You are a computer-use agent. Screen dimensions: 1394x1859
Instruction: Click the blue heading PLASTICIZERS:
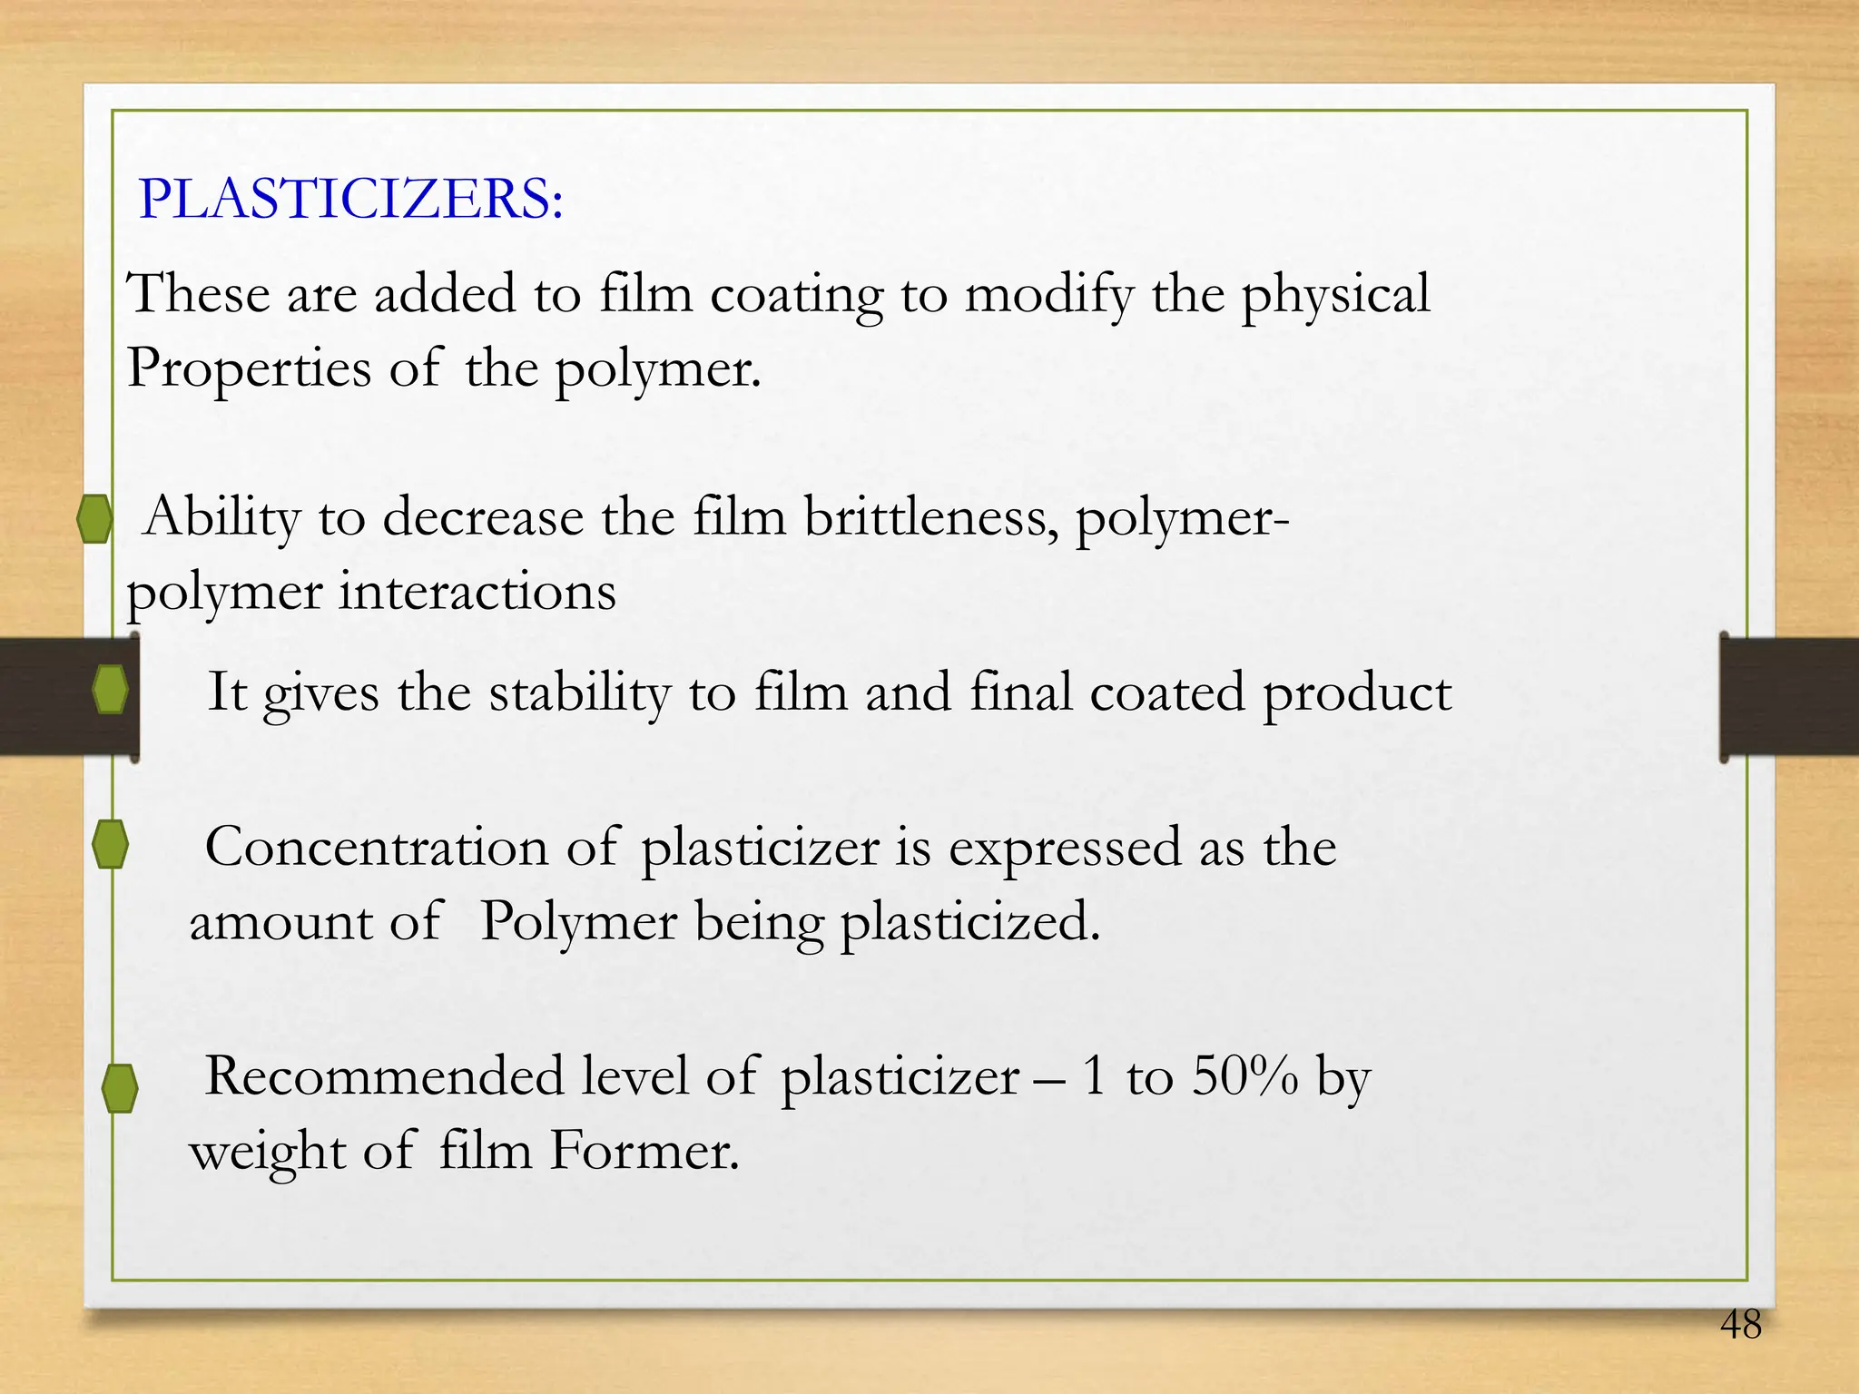[350, 199]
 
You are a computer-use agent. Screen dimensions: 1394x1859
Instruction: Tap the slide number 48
[1740, 1325]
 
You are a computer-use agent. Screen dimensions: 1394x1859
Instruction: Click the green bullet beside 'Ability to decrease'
[94, 519]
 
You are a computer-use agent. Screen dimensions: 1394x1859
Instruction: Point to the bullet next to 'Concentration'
[110, 844]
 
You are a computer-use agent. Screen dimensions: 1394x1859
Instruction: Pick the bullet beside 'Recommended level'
[120, 1087]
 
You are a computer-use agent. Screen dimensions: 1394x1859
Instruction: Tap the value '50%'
[1244, 1076]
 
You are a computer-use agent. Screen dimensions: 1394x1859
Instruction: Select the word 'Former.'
[644, 1151]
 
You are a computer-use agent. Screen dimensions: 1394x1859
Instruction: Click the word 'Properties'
[249, 369]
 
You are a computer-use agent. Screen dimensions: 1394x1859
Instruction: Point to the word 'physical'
[1335, 295]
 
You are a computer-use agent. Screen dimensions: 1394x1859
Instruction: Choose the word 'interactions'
[477, 593]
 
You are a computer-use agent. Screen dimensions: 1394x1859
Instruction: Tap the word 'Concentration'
[377, 848]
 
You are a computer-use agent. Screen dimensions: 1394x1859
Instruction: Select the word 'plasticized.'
[969, 922]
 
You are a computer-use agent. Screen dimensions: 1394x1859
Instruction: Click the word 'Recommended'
[385, 1076]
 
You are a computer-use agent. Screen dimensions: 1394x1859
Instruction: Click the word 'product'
[1357, 693]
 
